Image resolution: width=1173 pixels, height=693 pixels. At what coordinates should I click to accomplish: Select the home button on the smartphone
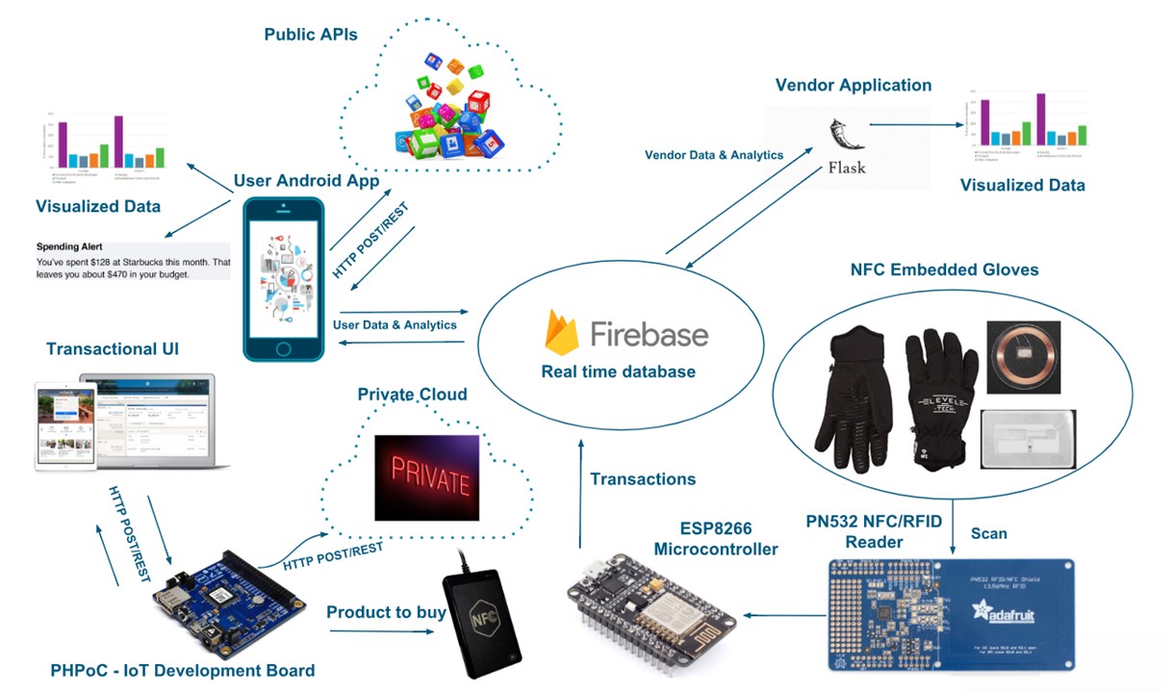(283, 347)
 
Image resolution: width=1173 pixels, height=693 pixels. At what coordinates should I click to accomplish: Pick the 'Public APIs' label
(311, 36)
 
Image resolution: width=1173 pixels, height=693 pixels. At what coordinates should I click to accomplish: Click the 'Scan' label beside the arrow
(990, 532)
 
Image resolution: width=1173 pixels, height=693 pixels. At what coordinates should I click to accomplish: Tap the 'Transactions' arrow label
(643, 479)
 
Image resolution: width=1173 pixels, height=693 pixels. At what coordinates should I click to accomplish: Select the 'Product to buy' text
(386, 613)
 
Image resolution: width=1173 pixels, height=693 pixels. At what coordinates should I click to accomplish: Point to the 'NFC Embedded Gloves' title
(944, 270)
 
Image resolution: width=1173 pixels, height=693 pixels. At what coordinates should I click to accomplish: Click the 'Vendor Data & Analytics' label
(714, 155)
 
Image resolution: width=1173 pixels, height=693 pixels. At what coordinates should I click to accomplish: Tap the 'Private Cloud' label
(412, 395)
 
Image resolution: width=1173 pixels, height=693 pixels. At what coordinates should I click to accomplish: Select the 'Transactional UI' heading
(113, 349)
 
